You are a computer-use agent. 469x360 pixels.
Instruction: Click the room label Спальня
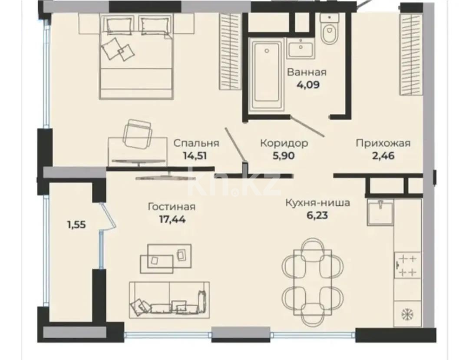pos(196,143)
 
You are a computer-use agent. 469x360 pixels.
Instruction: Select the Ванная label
pos(307,72)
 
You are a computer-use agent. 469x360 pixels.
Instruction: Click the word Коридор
pos(284,143)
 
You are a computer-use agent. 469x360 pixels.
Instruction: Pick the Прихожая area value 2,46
pos(383,155)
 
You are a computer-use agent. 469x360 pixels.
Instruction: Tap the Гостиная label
pos(171,207)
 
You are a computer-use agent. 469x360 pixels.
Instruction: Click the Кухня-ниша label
pos(317,202)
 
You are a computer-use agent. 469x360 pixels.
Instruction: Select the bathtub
pos(266,75)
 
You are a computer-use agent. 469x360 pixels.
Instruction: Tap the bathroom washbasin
pos(301,48)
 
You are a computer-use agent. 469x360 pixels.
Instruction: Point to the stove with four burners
pos(407,266)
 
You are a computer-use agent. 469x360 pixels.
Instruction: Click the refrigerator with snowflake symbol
pos(407,313)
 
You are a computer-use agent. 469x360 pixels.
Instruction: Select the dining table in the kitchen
pos(313,282)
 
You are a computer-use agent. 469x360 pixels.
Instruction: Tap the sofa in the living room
pos(169,301)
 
